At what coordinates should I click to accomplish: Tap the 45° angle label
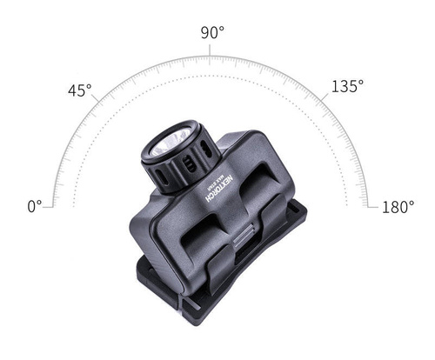tap(80, 90)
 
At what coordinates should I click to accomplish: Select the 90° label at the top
tap(212, 32)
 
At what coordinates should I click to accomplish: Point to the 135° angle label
tap(347, 86)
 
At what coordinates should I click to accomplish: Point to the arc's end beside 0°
tap(54, 206)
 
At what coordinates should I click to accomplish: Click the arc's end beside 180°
tap(371, 206)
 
